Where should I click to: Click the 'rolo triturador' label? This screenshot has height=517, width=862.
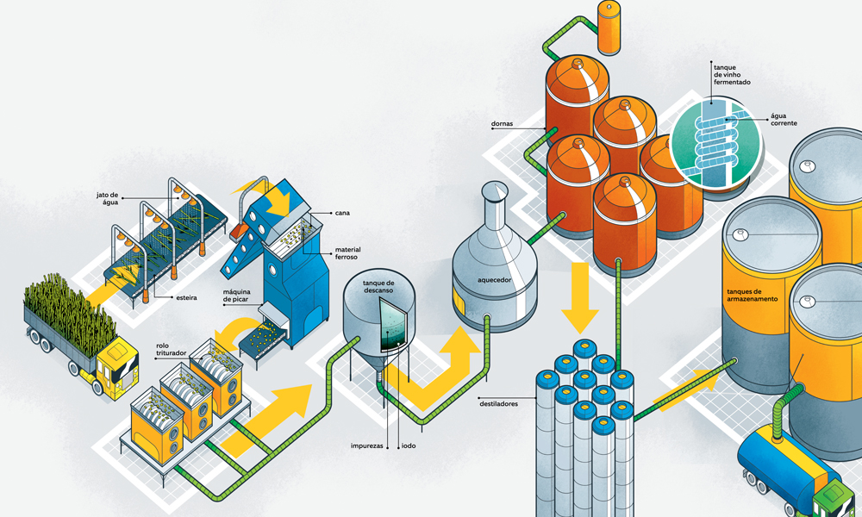coord(169,352)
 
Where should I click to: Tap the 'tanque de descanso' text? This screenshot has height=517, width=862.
coord(379,287)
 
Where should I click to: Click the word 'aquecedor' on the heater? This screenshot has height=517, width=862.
coord(494,280)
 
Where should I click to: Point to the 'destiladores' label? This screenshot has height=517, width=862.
coord(500,402)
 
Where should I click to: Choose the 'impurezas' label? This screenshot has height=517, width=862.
coord(367,446)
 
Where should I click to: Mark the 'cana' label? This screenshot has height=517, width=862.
coord(343,212)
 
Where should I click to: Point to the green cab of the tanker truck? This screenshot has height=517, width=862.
coord(840,502)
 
